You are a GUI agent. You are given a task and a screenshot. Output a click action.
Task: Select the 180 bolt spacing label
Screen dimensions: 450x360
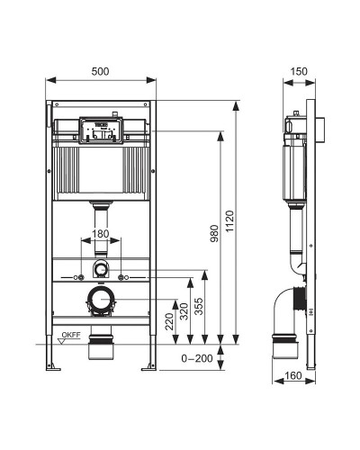click(102, 234)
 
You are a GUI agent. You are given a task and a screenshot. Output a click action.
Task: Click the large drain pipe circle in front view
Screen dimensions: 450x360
click(102, 300)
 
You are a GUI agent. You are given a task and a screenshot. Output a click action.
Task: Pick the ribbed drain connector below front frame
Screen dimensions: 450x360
click(102, 347)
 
